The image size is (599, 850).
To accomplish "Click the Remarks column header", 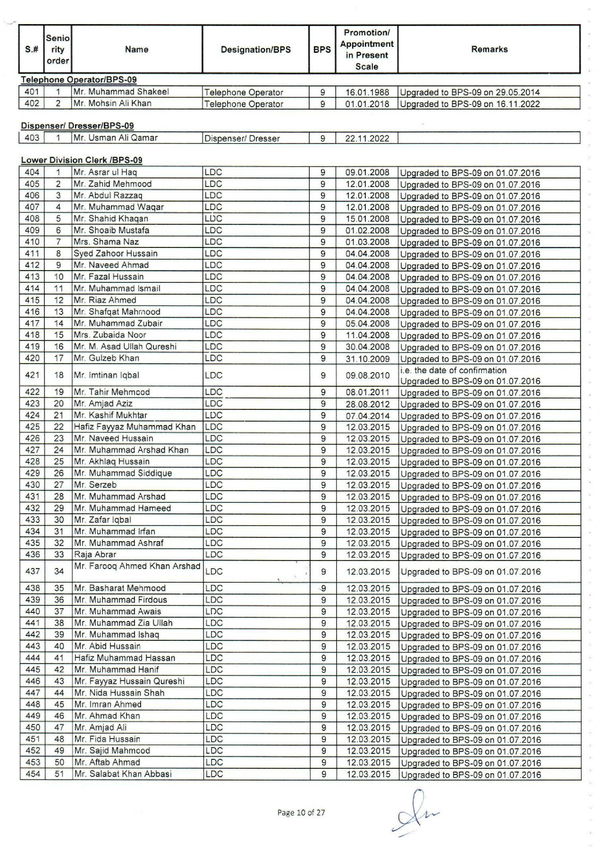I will tap(489, 49).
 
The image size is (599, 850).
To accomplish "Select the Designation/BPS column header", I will tap(255, 50).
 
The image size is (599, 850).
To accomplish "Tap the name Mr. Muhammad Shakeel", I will tap(121, 92).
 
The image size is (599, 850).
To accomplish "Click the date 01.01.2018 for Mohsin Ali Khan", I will tap(367, 104).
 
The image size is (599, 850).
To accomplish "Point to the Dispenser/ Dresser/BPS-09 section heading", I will tap(77, 126).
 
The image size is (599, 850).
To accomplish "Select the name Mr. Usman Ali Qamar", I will tap(116, 138).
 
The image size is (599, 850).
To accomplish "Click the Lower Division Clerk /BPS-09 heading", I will tap(81, 160).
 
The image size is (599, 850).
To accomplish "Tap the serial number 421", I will tap(32, 375).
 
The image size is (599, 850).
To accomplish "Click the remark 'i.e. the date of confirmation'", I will tap(453, 370).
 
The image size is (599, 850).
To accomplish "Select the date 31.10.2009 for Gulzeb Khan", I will tap(367, 359).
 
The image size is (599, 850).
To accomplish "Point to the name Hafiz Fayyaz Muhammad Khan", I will tap(135, 427).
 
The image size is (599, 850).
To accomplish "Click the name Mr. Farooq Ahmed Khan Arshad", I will tap(137, 566).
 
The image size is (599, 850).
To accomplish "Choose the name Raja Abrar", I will tap(95, 554).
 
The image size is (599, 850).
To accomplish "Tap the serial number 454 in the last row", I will tap(32, 774).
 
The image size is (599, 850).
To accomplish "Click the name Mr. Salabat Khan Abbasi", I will tap(123, 774).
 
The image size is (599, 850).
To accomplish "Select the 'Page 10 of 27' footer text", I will tap(301, 813).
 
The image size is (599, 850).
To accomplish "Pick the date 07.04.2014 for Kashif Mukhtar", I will tap(367, 416).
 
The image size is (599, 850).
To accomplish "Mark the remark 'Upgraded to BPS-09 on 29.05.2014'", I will tap(470, 93).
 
